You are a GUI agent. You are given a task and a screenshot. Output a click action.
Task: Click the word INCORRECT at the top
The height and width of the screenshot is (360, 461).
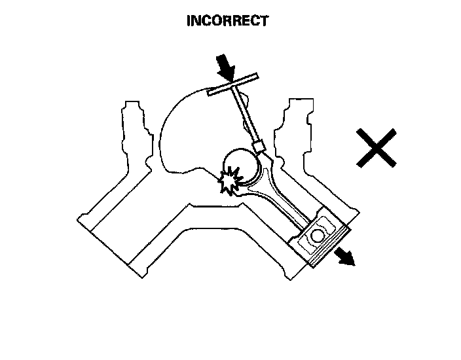[x=227, y=21]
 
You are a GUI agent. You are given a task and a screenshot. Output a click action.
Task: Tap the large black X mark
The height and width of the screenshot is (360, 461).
[x=377, y=147]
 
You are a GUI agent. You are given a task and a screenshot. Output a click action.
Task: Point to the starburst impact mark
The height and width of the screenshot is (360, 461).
[x=230, y=181]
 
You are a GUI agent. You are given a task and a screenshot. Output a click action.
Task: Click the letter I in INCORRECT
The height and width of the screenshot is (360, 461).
[x=189, y=21]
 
